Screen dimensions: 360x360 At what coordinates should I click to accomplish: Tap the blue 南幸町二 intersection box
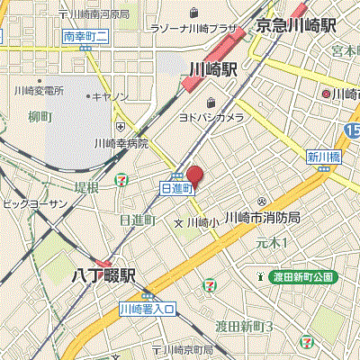click(87, 36)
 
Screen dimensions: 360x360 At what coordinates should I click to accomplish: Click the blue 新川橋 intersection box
click(321, 156)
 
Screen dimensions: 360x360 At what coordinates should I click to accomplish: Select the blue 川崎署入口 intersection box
click(150, 309)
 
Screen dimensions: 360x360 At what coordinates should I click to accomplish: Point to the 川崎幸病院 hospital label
click(121, 142)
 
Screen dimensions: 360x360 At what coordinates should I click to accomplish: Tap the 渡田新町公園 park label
click(302, 276)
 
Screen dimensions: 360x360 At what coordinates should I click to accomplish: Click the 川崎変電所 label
click(39, 91)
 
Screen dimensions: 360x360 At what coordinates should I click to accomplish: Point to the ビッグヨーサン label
click(33, 204)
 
